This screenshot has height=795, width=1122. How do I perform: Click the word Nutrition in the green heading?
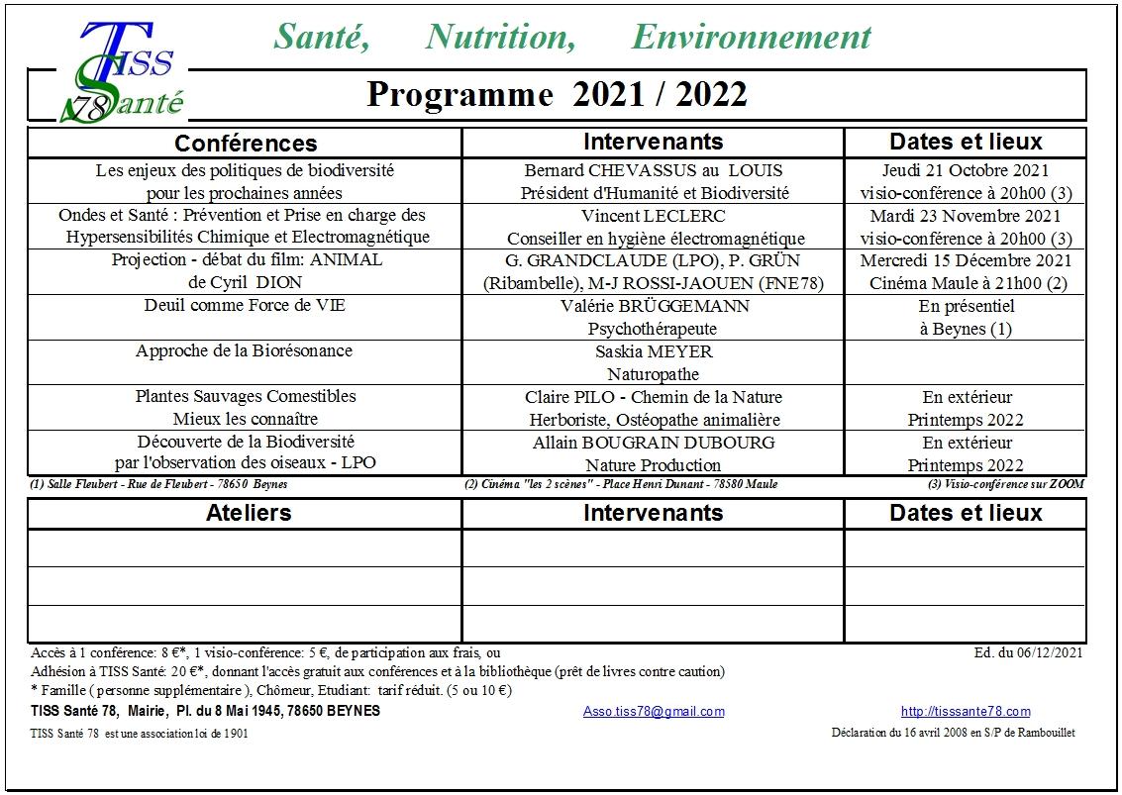(x=500, y=38)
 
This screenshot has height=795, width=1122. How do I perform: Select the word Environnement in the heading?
(x=751, y=38)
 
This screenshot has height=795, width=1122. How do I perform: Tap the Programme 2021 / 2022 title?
(x=557, y=95)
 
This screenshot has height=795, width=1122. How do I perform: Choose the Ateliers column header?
(x=249, y=513)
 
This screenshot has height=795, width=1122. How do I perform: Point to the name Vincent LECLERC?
(x=654, y=216)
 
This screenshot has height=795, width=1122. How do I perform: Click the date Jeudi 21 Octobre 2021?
(x=966, y=170)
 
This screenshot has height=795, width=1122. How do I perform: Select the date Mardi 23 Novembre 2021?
(x=966, y=216)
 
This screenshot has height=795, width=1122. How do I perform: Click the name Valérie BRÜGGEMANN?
(x=654, y=306)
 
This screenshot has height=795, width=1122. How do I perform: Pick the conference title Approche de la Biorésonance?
(x=244, y=351)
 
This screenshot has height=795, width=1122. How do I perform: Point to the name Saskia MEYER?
(x=654, y=351)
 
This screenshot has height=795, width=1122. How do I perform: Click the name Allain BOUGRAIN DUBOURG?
(x=654, y=443)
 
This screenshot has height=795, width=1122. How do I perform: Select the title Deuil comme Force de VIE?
(x=244, y=306)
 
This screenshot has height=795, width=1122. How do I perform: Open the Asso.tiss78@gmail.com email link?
(x=654, y=712)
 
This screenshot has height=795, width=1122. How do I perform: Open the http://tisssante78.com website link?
(x=966, y=712)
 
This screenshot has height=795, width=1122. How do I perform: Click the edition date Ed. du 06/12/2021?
(x=1029, y=652)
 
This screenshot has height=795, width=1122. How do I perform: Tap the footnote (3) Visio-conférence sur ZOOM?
(x=1006, y=484)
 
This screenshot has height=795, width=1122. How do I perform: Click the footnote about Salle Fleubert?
(x=159, y=484)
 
